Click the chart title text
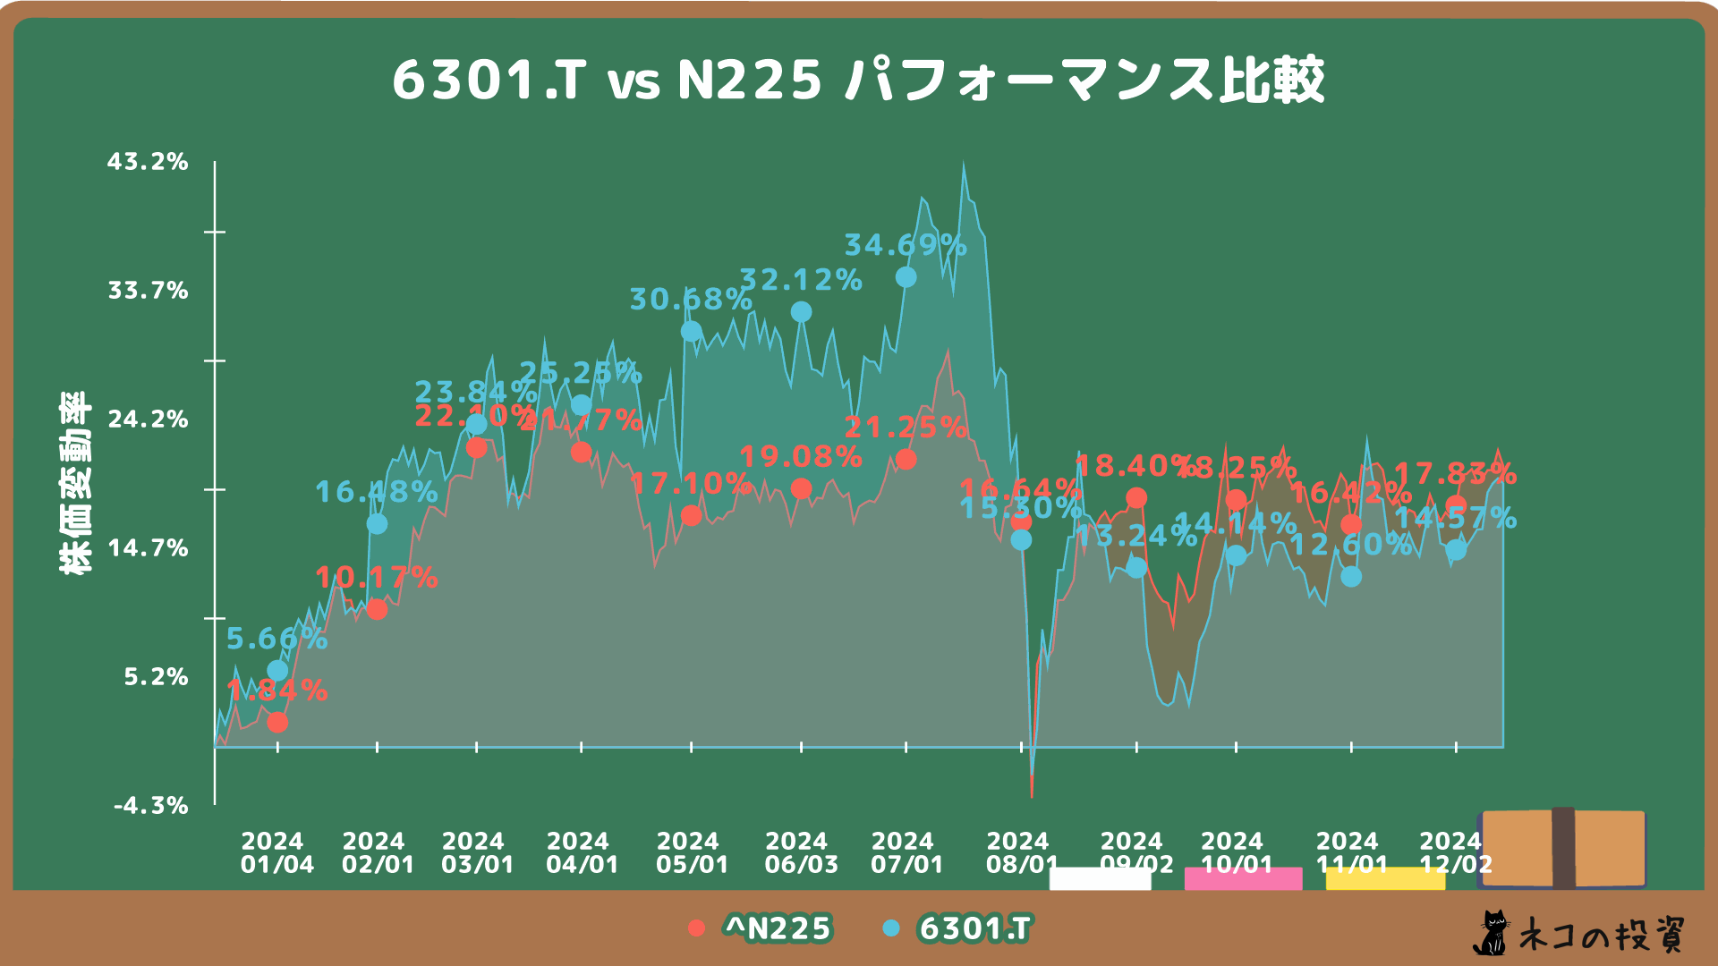[x=858, y=80]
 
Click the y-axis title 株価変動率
[x=75, y=483]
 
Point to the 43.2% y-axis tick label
[x=149, y=162]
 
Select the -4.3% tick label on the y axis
[x=151, y=806]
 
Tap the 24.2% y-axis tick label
[x=149, y=419]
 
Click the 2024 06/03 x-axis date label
[x=801, y=853]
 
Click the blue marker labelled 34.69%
[x=906, y=277]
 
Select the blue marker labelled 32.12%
[x=801, y=311]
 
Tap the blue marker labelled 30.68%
[x=691, y=331]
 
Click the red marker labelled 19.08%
[x=801, y=488]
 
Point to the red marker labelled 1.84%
[x=277, y=722]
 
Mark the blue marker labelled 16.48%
[x=377, y=523]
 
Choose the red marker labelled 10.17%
[x=377, y=610]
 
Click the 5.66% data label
[x=276, y=639]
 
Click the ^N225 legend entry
[x=761, y=928]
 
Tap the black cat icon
[x=1491, y=934]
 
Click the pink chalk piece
[x=1243, y=878]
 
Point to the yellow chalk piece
[x=1385, y=878]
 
